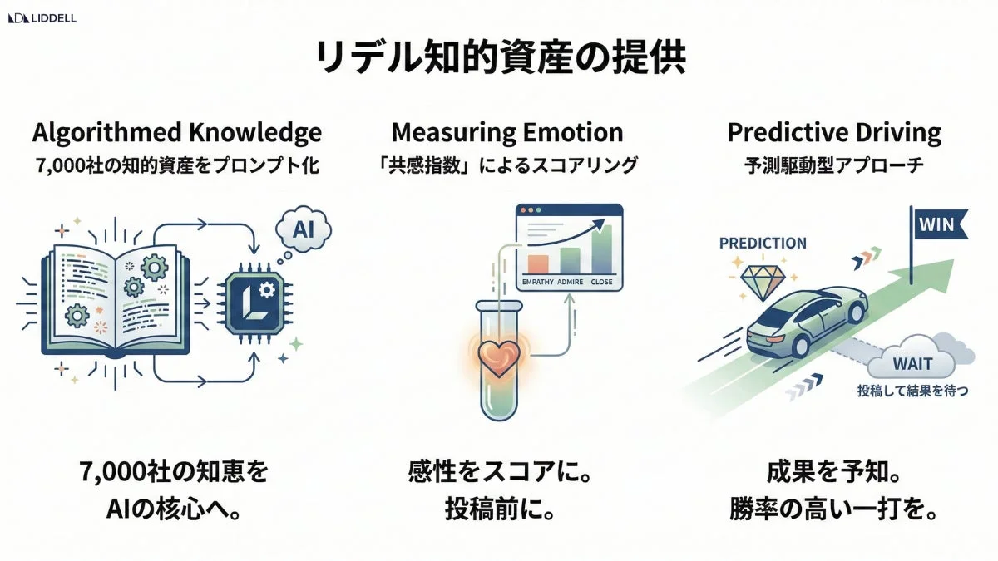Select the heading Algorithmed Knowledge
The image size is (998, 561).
coord(177,132)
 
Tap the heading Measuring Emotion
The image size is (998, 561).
coord(506,132)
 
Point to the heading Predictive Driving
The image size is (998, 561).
coord(833,132)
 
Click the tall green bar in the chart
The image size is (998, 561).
coord(605,249)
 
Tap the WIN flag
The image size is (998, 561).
coord(941,224)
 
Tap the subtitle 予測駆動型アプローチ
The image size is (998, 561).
coord(833,165)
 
